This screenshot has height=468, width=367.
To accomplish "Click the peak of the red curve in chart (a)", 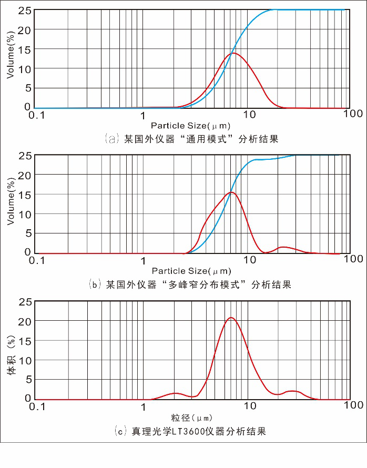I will [x=233, y=53].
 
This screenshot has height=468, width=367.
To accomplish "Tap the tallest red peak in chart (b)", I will [x=232, y=192].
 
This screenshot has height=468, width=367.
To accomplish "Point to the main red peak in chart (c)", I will [x=230, y=318].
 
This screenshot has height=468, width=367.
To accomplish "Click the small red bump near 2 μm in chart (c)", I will [x=176, y=393].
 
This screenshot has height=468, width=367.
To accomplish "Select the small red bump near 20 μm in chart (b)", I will [x=284, y=247].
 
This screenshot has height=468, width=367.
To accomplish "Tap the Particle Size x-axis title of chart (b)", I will [x=191, y=271].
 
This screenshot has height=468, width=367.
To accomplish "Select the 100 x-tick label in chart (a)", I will [x=353, y=114].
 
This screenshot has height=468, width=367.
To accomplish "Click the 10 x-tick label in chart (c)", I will [x=250, y=405].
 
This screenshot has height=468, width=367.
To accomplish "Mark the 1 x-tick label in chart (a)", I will [x=143, y=114].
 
